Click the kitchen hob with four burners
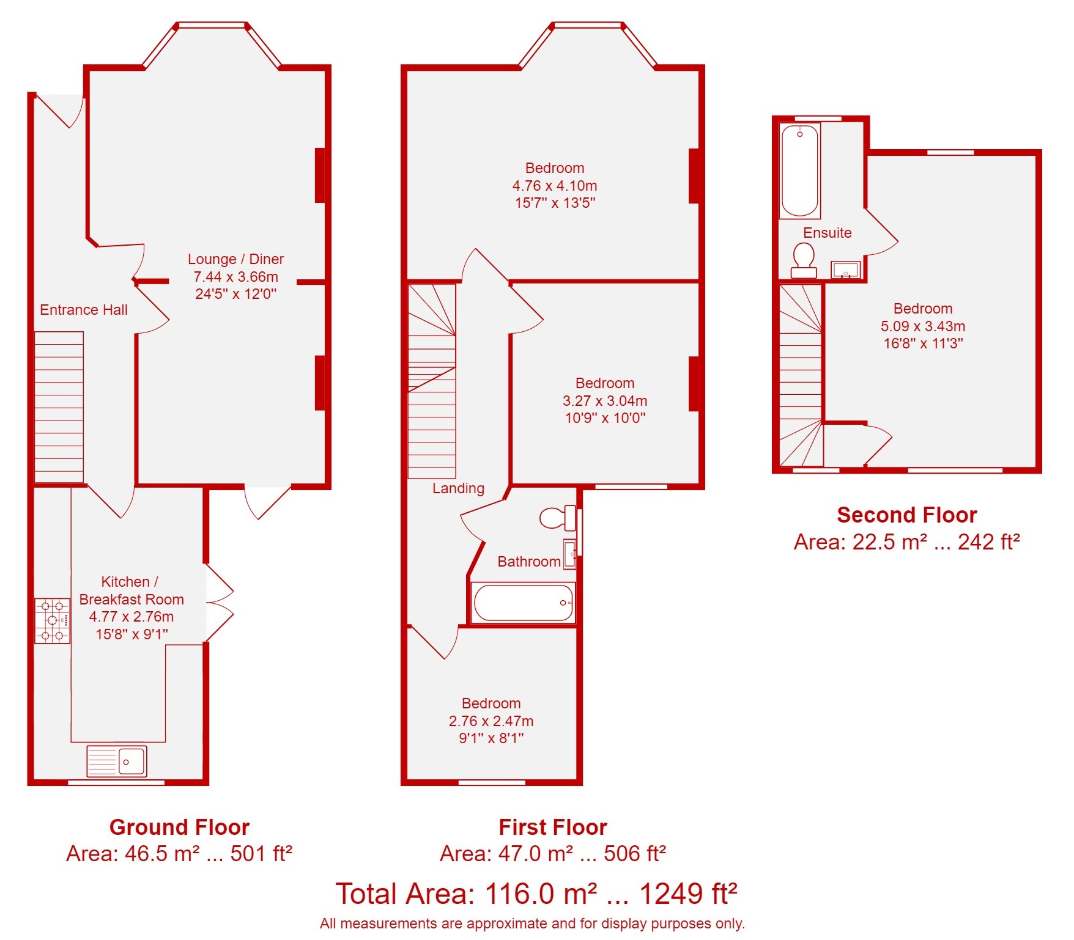click(52, 620)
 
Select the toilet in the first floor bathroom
click(557, 518)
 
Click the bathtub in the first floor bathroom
click(524, 603)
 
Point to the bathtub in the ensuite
click(799, 171)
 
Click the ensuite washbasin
click(845, 270)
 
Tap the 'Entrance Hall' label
click(84, 310)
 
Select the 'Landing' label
click(458, 488)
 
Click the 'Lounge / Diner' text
click(235, 259)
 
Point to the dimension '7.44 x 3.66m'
click(235, 277)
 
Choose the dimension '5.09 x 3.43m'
click(923, 326)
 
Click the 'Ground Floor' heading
click(179, 827)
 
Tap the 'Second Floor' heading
click(907, 515)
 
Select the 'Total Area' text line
click(536, 894)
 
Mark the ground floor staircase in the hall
click(59, 407)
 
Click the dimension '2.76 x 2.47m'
click(491, 721)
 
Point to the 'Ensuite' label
click(827, 233)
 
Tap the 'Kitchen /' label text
click(130, 582)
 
